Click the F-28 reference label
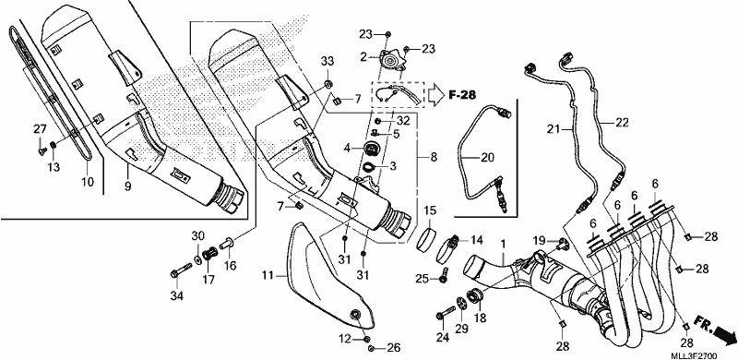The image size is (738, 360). pos(462,95)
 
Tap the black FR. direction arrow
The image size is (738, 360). pos(722,335)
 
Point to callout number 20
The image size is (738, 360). pos(488,157)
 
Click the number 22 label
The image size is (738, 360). pos(622,123)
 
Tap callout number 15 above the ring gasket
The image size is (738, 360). pos(429,210)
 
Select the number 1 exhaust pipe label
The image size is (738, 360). pos(503,245)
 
